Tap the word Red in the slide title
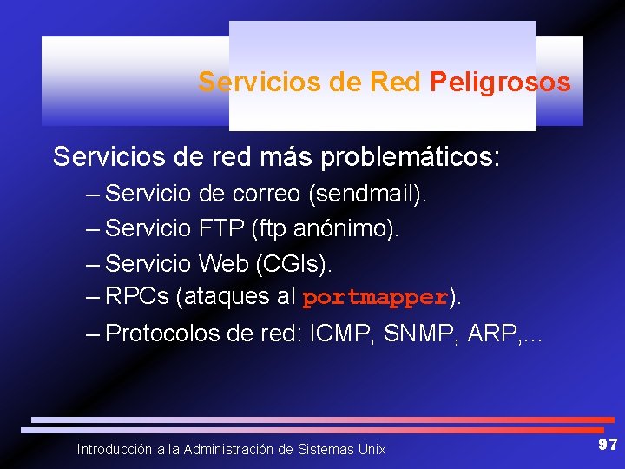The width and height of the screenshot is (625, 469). coord(395,83)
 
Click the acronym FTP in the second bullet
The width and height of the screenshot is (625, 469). coord(221,228)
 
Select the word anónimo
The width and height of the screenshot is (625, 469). coord(333,228)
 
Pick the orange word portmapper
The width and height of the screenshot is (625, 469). coord(374,297)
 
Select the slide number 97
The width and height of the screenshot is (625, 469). coord(608,445)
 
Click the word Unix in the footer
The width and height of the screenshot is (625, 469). coord(371,449)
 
